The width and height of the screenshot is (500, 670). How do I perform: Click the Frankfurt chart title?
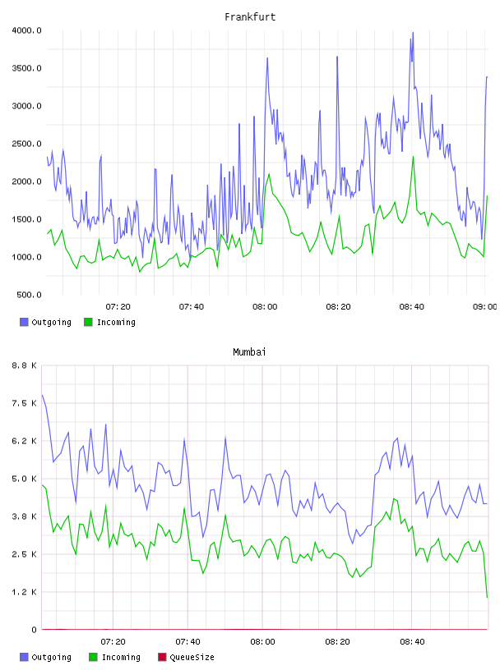[250, 16]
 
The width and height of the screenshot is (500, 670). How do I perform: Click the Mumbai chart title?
[249, 351]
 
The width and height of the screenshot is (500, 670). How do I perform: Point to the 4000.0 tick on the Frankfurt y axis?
[26, 30]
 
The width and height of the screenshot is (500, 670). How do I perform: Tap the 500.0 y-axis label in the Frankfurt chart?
[29, 295]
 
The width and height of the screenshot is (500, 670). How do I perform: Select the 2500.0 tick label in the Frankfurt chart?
[26, 144]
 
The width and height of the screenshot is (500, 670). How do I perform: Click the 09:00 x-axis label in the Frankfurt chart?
[485, 306]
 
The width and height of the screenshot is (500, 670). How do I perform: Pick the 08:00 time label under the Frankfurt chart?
[265, 306]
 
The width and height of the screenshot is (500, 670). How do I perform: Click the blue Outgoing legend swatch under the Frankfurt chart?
[24, 322]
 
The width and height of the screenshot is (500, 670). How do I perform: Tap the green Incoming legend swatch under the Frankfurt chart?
[88, 322]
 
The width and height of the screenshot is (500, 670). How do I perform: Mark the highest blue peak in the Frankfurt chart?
[413, 33]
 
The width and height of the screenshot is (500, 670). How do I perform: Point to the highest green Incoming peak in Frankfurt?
[413, 157]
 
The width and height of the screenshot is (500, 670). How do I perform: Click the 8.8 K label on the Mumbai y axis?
[25, 365]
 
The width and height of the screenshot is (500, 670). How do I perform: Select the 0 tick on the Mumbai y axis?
[34, 630]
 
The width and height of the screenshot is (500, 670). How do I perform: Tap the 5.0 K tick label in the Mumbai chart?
[25, 479]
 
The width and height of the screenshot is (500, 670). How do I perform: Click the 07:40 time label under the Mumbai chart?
[188, 641]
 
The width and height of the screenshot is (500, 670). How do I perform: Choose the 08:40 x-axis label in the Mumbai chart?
[412, 641]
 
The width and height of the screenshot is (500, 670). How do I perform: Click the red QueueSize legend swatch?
[162, 657]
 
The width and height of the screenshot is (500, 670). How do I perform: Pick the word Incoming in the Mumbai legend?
[121, 657]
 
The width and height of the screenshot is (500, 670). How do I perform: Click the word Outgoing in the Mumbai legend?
[51, 657]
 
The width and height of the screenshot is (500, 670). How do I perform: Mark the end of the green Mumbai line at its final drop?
[487, 597]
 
